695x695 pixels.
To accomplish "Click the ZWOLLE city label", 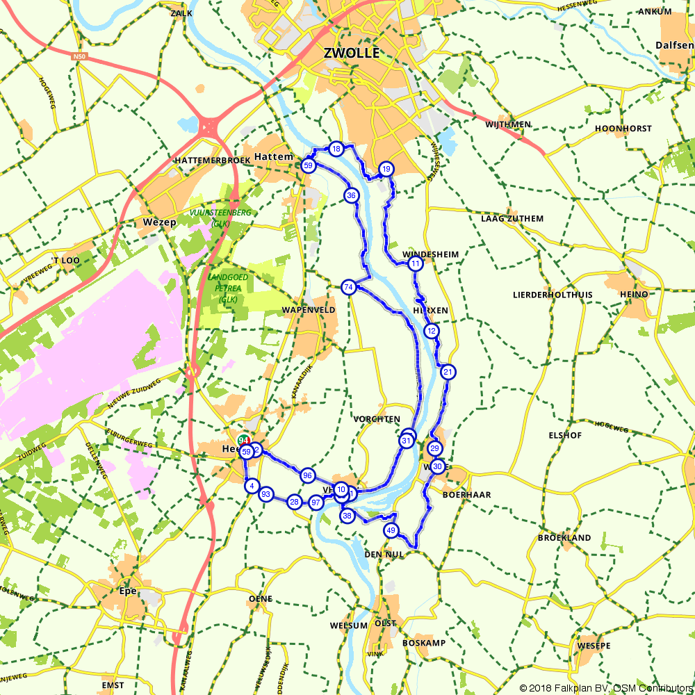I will pyautogui.click(x=352, y=53).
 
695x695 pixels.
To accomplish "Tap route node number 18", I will pyautogui.click(x=336, y=149).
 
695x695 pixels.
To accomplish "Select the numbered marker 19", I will pyautogui.click(x=386, y=169).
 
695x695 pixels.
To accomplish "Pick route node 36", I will pyautogui.click(x=351, y=195).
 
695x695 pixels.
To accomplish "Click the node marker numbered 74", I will pyautogui.click(x=349, y=286).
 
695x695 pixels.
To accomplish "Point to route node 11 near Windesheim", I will pyautogui.click(x=415, y=264).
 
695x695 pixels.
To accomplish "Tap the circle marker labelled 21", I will pyautogui.click(x=448, y=372).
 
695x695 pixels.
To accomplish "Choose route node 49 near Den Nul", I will pyautogui.click(x=391, y=530).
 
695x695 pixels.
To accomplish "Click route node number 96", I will pyautogui.click(x=307, y=475).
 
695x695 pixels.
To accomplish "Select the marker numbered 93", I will pyautogui.click(x=265, y=494).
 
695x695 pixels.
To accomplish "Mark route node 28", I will pyautogui.click(x=295, y=502).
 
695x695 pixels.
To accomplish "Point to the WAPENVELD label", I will pyautogui.click(x=309, y=309).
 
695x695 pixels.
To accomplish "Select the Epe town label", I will pyautogui.click(x=129, y=591).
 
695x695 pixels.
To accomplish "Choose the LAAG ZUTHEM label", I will pyautogui.click(x=512, y=218).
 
